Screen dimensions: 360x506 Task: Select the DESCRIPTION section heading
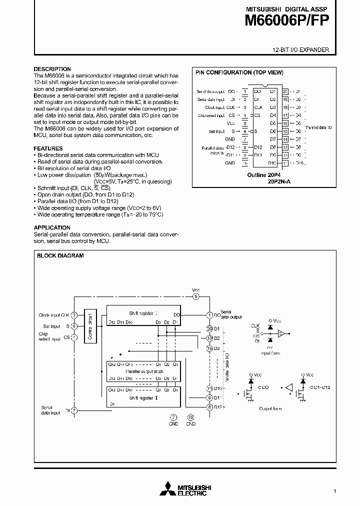point(52,69)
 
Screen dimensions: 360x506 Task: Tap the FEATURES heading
point(48,148)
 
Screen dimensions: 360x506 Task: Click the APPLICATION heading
point(52,227)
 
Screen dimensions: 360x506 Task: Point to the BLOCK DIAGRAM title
point(60,255)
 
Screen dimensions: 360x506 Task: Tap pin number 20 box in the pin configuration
point(285,91)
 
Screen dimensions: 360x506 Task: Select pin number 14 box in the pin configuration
point(285,139)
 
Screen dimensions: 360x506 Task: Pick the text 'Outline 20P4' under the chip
point(262,175)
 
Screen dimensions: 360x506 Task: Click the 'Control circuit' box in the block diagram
point(90,325)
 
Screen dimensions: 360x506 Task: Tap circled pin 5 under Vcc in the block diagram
point(195,296)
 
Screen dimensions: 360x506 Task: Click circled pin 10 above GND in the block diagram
point(190,417)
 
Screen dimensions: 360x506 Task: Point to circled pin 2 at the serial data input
point(74,410)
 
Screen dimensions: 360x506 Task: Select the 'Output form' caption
point(270,409)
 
